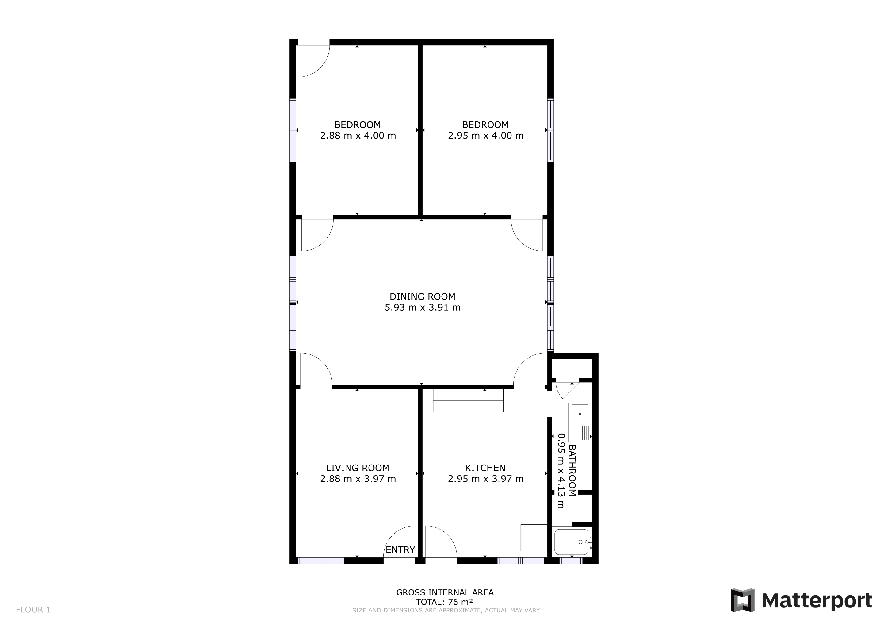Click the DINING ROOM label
422,297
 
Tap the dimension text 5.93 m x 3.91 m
422,308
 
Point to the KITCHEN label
485,468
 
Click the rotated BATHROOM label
572,470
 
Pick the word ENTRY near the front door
400,550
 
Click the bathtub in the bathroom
571,542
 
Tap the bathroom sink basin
580,414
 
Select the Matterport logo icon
742,600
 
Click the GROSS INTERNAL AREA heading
445,592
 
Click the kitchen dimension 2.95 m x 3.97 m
485,479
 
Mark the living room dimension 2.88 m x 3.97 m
358,479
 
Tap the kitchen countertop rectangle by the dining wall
468,400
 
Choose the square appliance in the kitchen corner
534,538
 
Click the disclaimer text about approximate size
446,610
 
